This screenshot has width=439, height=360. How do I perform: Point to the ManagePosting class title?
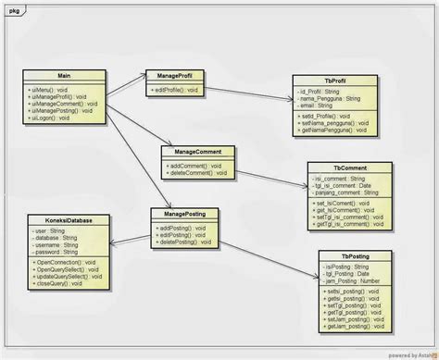[x=185, y=215]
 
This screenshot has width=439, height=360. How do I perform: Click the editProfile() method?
[x=175, y=90]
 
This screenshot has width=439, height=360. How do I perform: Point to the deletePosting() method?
[x=186, y=242]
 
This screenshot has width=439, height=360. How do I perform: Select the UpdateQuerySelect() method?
[x=69, y=277]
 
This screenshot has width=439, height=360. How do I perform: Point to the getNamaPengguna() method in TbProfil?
[x=334, y=130]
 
